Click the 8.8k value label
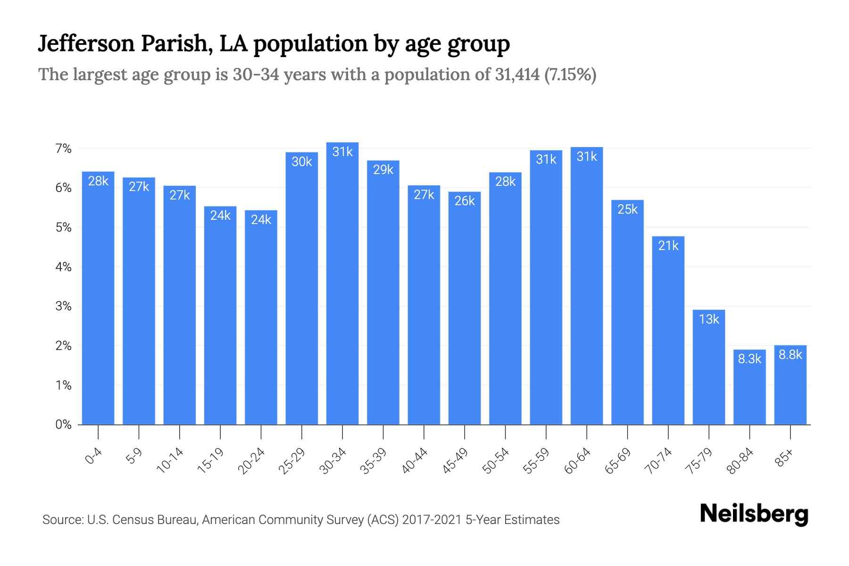point(790,355)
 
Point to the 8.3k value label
point(749,359)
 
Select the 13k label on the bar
point(709,319)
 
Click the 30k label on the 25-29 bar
point(302,162)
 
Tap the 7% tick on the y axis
point(63,149)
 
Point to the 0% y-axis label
point(63,424)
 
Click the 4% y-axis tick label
point(63,267)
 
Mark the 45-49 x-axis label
point(455,461)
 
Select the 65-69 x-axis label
point(618,461)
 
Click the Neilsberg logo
point(754,514)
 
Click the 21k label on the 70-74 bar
point(668,246)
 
